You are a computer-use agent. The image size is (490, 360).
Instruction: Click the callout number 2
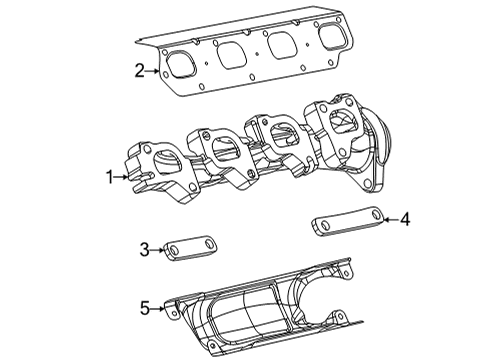tap(141, 70)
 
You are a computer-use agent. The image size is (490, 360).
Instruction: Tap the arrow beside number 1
tap(124, 177)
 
